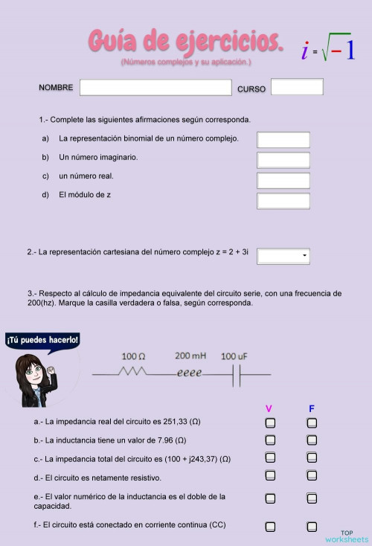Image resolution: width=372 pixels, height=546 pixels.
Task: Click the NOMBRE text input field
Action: (x=155, y=88)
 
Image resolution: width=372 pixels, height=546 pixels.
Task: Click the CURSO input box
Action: (x=297, y=87)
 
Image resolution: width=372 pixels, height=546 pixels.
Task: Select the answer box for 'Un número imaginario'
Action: (x=283, y=160)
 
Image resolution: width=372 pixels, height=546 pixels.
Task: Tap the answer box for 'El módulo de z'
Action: (x=283, y=200)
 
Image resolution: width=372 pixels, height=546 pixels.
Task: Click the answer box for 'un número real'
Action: (x=283, y=180)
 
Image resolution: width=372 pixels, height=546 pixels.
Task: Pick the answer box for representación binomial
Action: (x=283, y=140)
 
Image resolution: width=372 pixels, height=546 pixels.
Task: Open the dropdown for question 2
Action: (x=283, y=257)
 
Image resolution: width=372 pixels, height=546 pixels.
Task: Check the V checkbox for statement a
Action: (x=270, y=423)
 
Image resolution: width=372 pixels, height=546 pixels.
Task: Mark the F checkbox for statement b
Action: (x=312, y=440)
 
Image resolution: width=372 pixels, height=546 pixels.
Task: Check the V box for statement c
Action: (x=270, y=458)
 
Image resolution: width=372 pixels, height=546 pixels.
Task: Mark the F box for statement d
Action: (x=312, y=475)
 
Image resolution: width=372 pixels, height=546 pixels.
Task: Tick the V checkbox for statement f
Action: (x=270, y=527)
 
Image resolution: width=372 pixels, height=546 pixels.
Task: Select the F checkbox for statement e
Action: (x=312, y=496)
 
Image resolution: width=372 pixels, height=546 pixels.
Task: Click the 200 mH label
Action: (x=190, y=356)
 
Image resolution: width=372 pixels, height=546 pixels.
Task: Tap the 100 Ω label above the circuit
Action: (x=133, y=356)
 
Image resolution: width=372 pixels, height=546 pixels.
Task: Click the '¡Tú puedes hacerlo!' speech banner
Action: (x=42, y=340)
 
